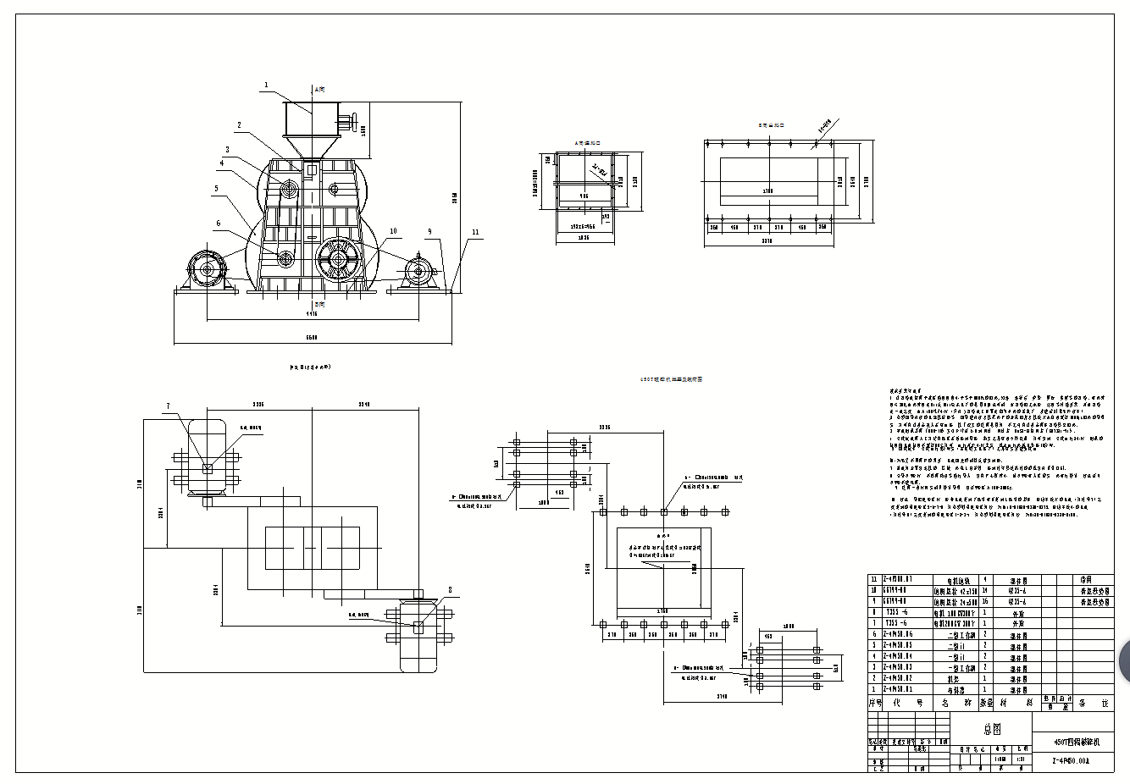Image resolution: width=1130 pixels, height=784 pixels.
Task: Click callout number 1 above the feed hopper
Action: [266, 85]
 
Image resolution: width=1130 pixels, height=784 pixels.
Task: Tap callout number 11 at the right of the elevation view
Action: [475, 232]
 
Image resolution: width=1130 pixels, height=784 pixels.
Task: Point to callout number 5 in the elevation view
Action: [217, 189]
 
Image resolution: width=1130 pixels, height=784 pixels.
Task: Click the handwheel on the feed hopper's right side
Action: [356, 119]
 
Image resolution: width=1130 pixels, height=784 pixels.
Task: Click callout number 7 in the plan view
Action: [168, 406]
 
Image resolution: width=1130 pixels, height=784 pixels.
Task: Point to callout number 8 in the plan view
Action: [450, 589]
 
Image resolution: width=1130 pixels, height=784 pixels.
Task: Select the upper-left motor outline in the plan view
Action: [207, 457]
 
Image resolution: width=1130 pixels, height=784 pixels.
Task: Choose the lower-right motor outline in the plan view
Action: [418, 635]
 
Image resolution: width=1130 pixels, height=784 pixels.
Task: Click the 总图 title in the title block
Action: [991, 727]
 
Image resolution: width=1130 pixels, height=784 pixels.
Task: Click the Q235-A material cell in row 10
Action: [1017, 591]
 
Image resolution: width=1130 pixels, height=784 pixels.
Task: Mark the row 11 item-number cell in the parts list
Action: [874, 580]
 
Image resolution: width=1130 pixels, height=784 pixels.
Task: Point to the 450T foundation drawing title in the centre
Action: [671, 380]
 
